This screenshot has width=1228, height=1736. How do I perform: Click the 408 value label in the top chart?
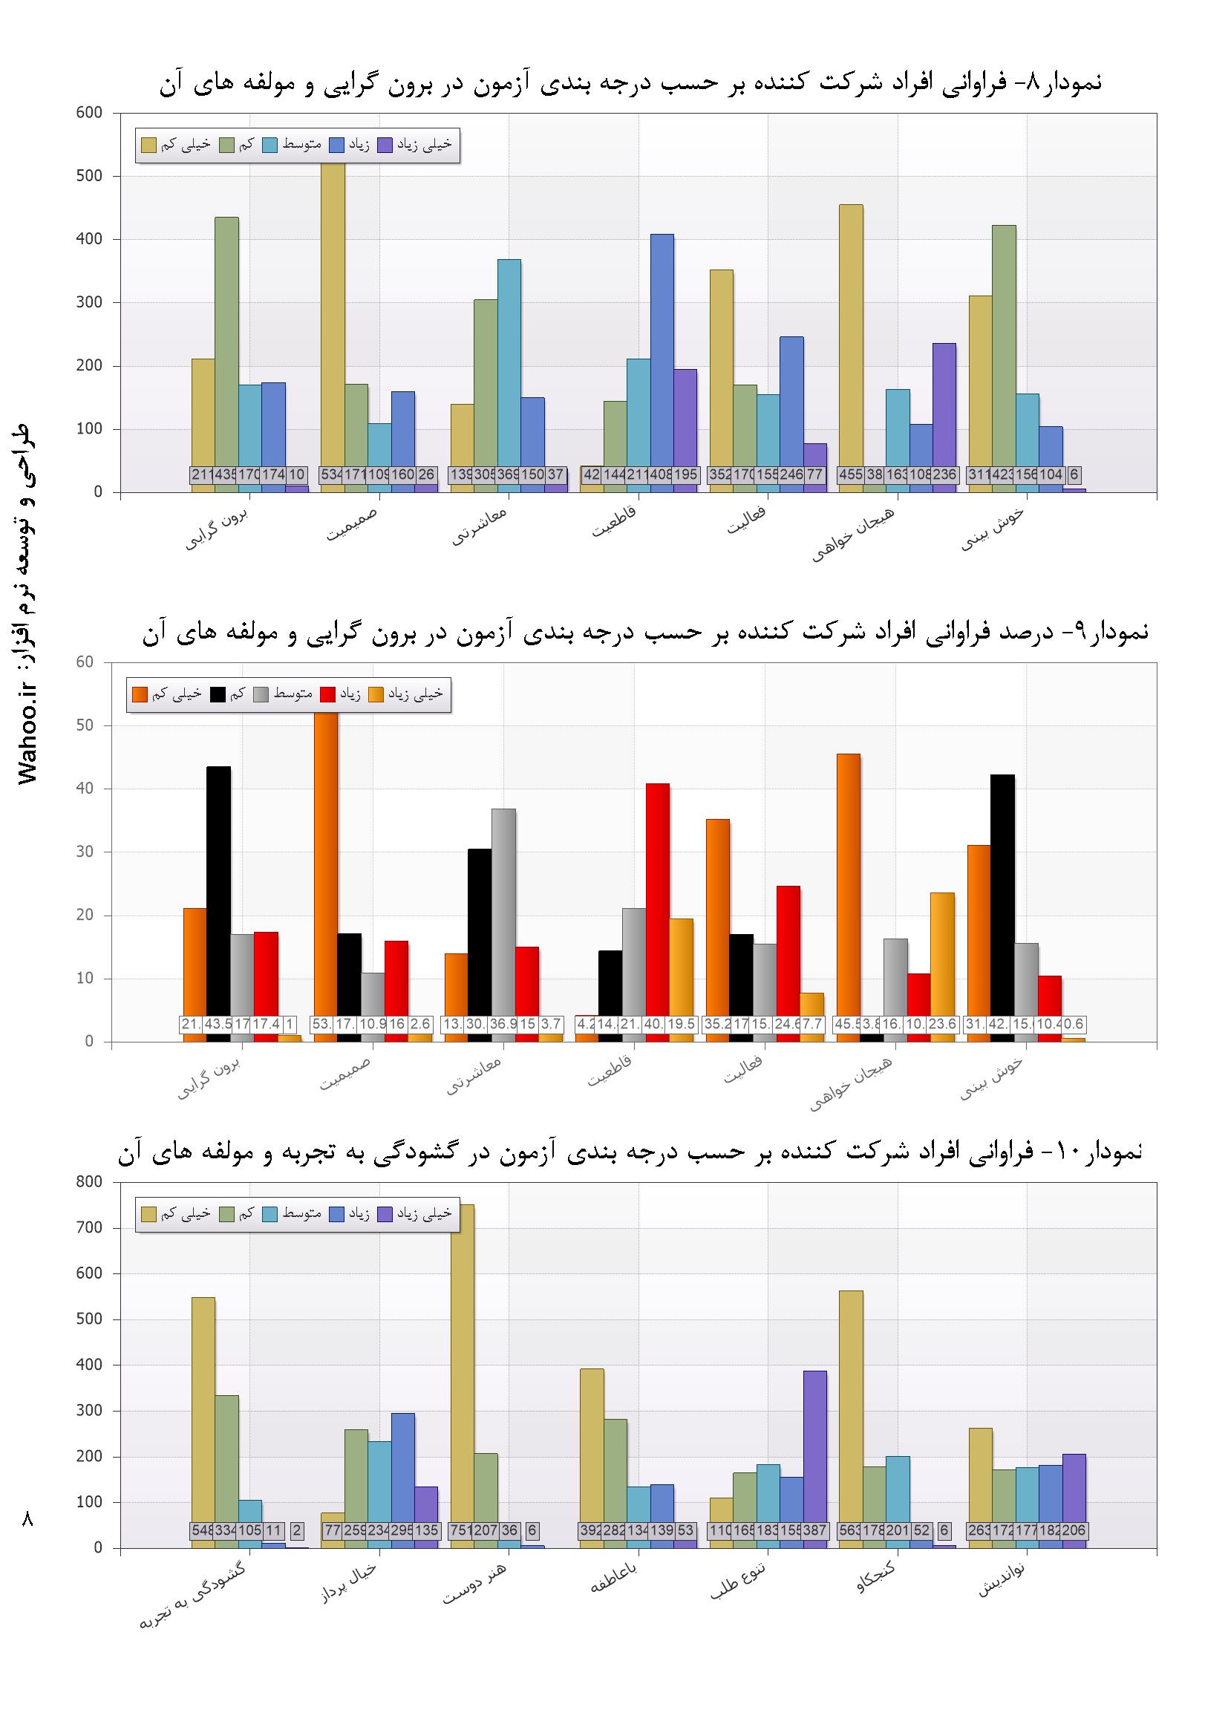point(662,474)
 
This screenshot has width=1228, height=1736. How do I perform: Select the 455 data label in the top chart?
point(851,474)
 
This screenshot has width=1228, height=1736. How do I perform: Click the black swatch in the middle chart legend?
point(218,694)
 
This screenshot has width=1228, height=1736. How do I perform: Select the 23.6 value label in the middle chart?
point(942,1025)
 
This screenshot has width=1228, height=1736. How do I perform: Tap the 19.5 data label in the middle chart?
point(681,1025)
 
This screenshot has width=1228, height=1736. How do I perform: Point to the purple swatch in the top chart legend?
point(385,144)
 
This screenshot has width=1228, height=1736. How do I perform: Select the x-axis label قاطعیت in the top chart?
point(614,522)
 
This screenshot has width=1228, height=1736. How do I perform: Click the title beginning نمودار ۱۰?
point(629,1152)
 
